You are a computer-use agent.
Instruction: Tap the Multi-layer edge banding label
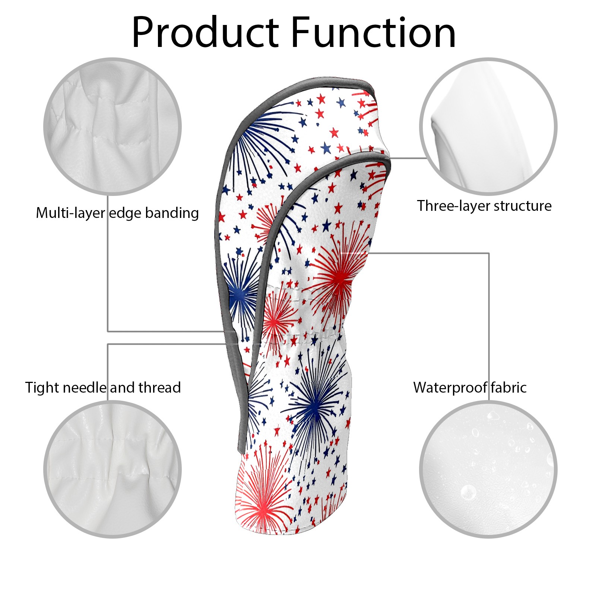(x=117, y=213)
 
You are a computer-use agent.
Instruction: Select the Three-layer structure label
(x=484, y=206)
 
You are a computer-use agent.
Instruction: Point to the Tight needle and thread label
(x=103, y=388)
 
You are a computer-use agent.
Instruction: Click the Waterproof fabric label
(x=470, y=388)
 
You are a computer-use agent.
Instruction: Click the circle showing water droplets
(x=488, y=469)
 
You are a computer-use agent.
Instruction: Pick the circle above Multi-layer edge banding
(x=112, y=127)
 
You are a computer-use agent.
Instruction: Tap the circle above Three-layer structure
(x=488, y=127)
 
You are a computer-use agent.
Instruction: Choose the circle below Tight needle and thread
(x=112, y=469)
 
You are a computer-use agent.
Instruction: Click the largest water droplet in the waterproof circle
(x=468, y=492)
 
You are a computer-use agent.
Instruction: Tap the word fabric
(x=508, y=388)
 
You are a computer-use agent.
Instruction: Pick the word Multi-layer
(x=70, y=213)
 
